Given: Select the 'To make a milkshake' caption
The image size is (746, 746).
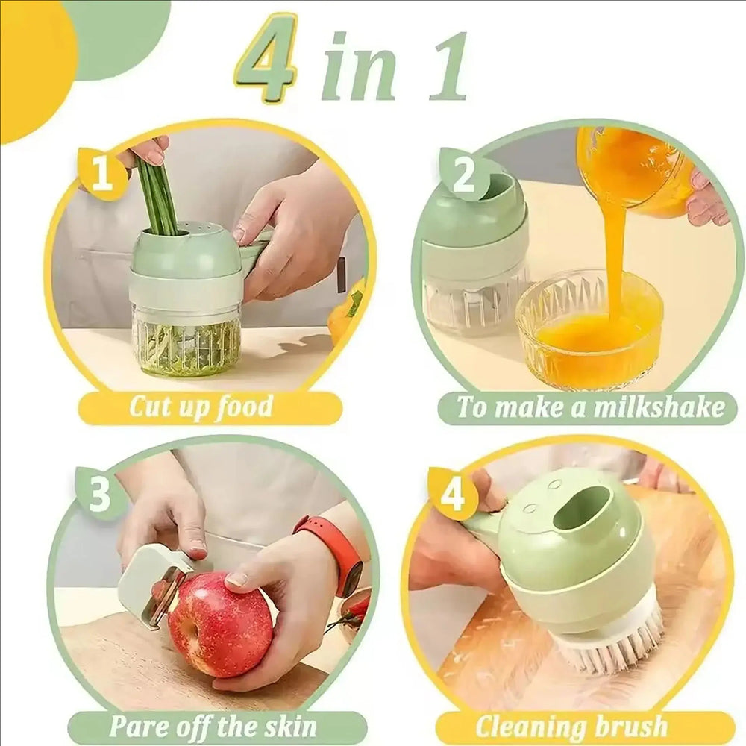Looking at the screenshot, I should point(589,407).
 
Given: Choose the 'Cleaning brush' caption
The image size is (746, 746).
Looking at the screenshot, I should point(571,725).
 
